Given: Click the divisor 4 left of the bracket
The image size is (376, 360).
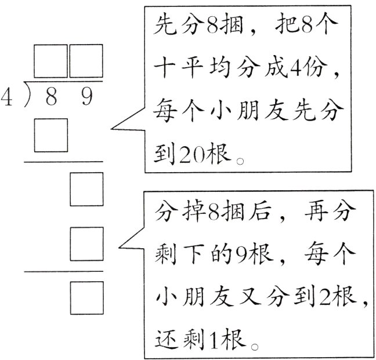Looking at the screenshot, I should point(6,95).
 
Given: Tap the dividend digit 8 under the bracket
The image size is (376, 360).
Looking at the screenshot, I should point(51,97).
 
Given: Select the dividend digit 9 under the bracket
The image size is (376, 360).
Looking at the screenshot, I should point(86,97).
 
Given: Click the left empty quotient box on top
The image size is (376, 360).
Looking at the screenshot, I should point(51,61).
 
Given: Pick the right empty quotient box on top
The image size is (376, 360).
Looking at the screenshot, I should point(86,61).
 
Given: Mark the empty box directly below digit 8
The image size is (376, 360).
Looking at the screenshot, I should point(51,134).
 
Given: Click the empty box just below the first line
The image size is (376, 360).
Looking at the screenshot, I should point(86,190).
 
